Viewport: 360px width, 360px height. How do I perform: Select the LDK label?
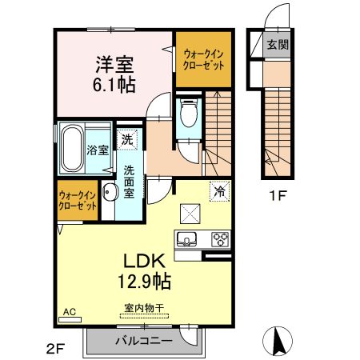pyautogui.click(x=143, y=262)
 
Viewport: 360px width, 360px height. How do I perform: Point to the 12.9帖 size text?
pyautogui.click(x=144, y=281)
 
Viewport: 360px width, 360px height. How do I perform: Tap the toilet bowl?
pyautogui.click(x=189, y=115)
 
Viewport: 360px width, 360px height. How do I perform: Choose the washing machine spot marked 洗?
pyautogui.click(x=128, y=140)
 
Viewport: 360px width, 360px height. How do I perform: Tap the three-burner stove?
pyautogui.click(x=218, y=238)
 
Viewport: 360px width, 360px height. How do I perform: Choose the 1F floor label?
pyautogui.click(x=275, y=193)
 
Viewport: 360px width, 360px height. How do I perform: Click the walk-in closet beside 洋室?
pyautogui.click(x=200, y=58)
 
